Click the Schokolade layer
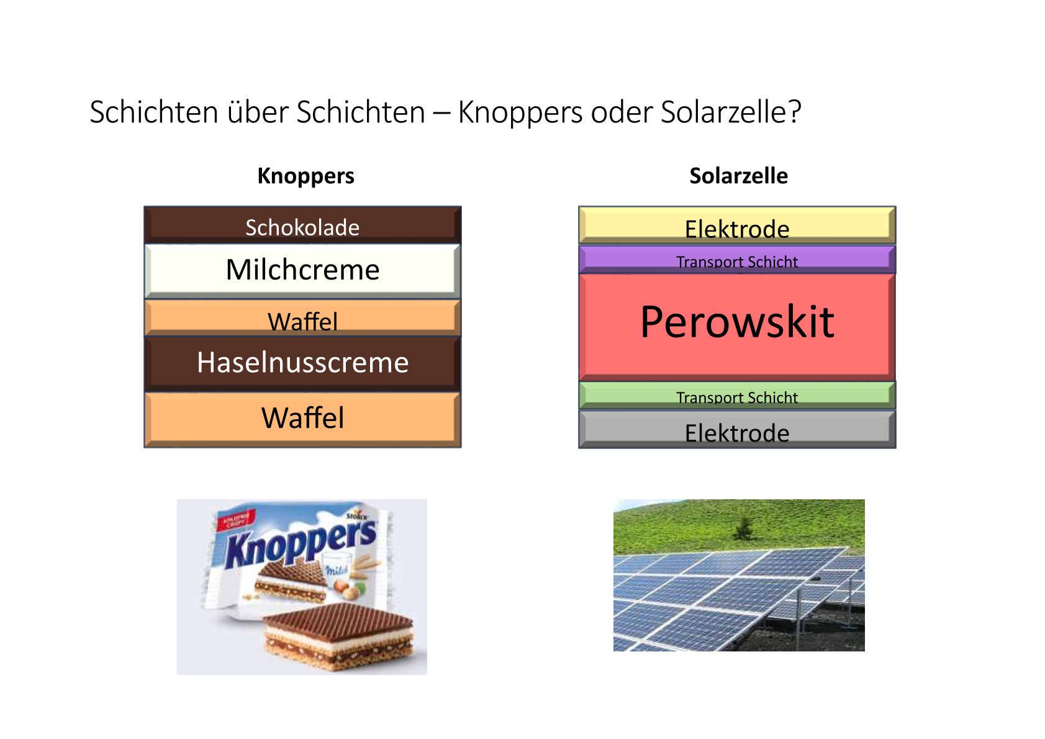pyautogui.click(x=303, y=225)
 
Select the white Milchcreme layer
pyautogui.click(x=303, y=271)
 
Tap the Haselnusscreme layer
pyautogui.click(x=303, y=363)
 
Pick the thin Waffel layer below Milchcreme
pyautogui.click(x=303, y=318)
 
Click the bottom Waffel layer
pyautogui.click(x=303, y=420)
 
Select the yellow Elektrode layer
pyautogui.click(x=737, y=225)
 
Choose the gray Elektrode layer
pyautogui.click(x=737, y=429)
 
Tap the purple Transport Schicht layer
pyautogui.click(x=737, y=260)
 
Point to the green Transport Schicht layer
pyautogui.click(x=737, y=396)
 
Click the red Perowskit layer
pyautogui.click(x=737, y=327)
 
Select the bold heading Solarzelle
pyautogui.click(x=738, y=176)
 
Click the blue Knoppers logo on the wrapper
pyautogui.click(x=301, y=544)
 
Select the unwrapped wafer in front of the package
pyautogui.click(x=338, y=637)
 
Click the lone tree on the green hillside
pyautogui.click(x=743, y=528)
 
